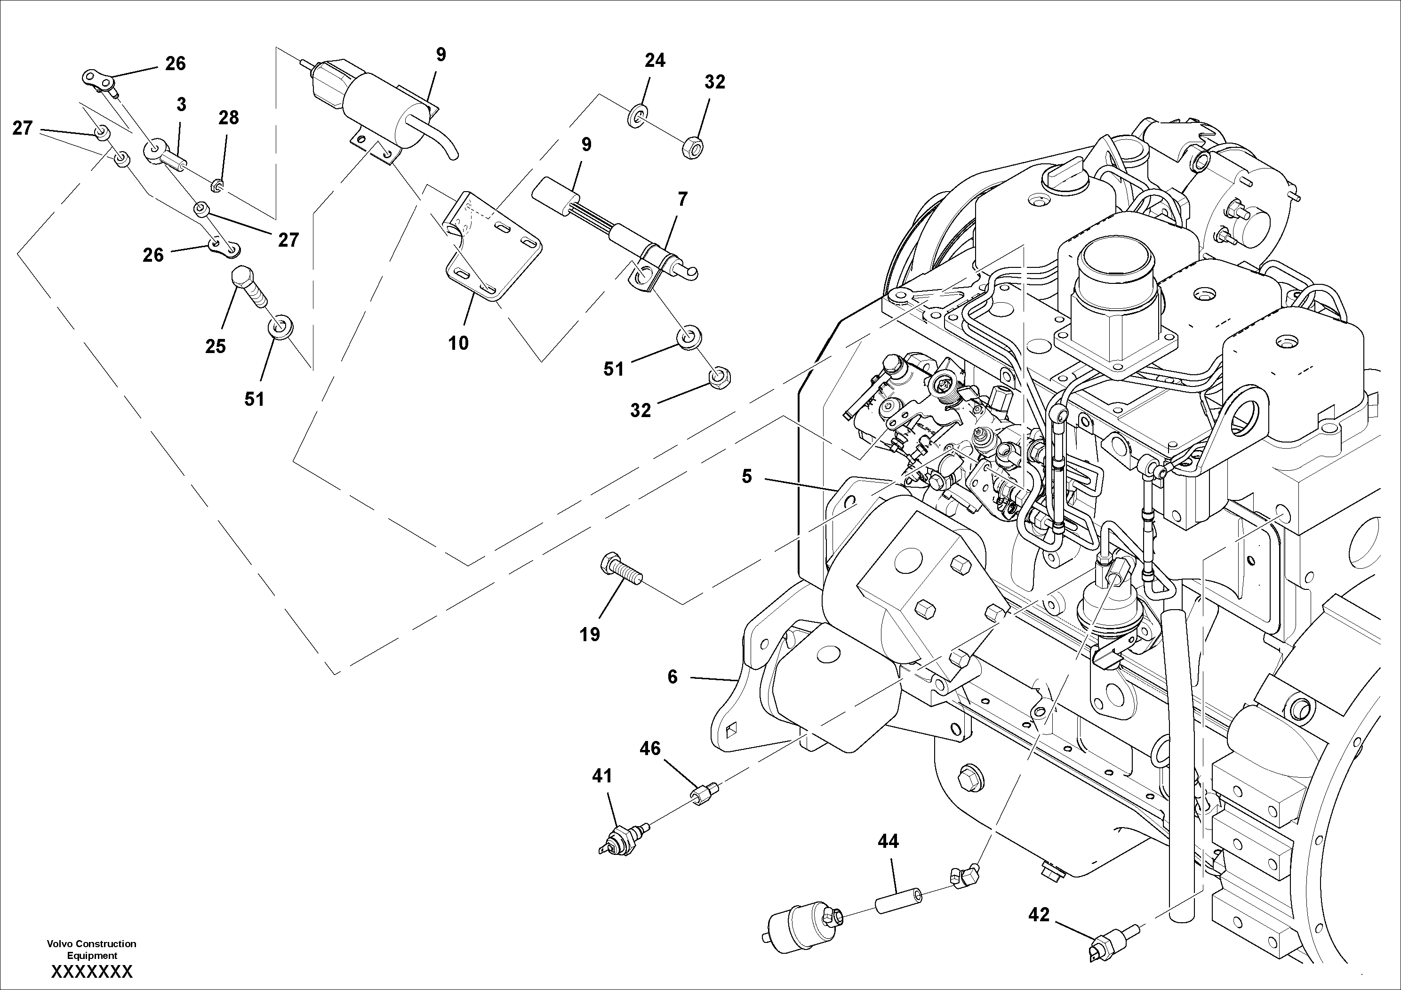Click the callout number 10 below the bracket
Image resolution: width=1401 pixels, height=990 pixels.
click(458, 344)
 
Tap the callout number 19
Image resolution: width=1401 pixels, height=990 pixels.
click(590, 635)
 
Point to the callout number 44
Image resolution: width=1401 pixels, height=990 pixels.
click(888, 842)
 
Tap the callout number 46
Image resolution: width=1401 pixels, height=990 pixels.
click(650, 749)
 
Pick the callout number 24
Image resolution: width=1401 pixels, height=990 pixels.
click(655, 60)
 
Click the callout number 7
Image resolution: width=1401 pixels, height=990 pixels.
click(682, 199)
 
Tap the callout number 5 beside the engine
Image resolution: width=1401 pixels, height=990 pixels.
click(747, 477)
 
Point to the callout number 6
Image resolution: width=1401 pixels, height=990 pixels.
click(672, 677)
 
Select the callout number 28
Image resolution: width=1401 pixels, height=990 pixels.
click(229, 118)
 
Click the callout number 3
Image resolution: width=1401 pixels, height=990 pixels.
click(181, 105)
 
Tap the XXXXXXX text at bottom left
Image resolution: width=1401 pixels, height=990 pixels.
click(91, 972)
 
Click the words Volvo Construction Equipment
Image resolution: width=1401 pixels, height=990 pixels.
click(91, 950)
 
